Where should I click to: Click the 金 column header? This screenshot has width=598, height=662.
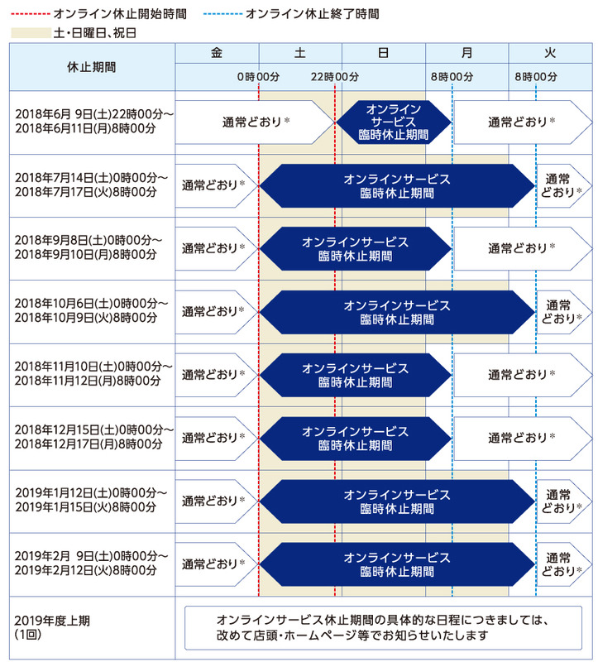pos(217,53)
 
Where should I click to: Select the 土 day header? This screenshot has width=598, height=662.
pos(300,53)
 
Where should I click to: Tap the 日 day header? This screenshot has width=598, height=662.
pos(383,53)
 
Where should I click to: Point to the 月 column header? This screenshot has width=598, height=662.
pos(466,53)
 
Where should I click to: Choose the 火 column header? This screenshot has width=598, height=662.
pos(550,53)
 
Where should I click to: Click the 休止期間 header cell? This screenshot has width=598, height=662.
pos(92,67)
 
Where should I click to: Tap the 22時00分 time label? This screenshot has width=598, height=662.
pos(335,77)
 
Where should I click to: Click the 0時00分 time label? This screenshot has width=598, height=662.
pos(258,77)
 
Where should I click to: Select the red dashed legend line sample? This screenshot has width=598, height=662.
pos(30,14)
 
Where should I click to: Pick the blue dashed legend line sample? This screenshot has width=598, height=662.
pos(222,14)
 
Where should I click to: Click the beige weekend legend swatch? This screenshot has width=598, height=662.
pos(31,33)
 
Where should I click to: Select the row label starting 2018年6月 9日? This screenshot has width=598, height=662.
pos(94,121)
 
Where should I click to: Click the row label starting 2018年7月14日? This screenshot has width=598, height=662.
pos(91,185)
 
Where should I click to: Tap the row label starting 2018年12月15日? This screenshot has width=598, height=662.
pos(94,437)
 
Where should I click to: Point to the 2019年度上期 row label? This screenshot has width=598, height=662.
pos(52,627)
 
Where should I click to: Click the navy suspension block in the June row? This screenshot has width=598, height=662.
pos(394,122)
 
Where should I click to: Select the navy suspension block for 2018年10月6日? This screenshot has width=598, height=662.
pos(397,312)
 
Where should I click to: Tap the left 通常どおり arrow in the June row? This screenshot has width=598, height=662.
pos(256,122)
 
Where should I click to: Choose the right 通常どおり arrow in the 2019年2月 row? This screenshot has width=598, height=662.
pos(564,564)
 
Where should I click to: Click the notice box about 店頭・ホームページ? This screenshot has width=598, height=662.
pos(383,628)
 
